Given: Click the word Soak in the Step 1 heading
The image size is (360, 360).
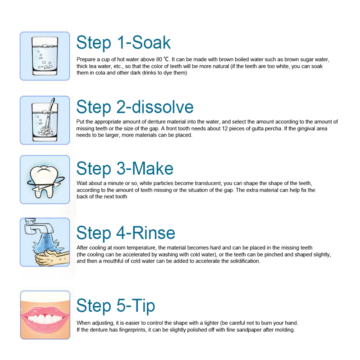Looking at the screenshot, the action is tap(151, 42).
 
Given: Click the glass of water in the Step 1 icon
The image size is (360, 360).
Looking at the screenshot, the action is tap(45, 56).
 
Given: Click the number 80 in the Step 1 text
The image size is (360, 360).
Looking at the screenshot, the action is tap(159, 60).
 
